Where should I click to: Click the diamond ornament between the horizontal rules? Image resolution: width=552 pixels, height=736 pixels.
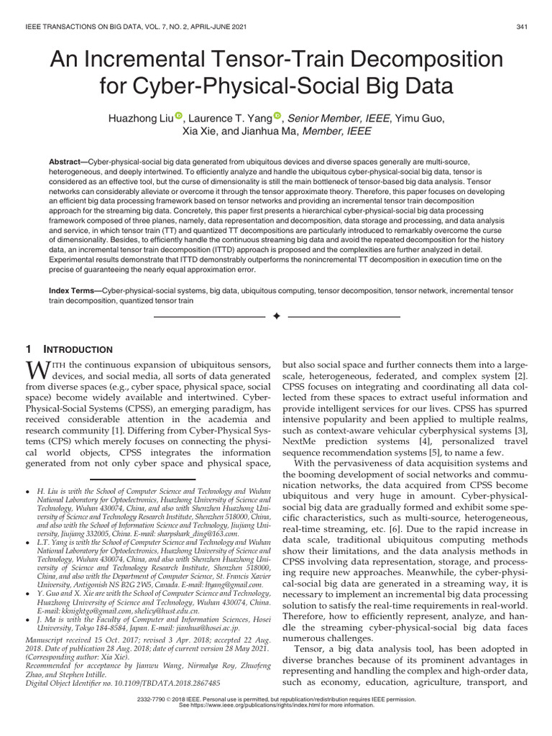276,317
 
